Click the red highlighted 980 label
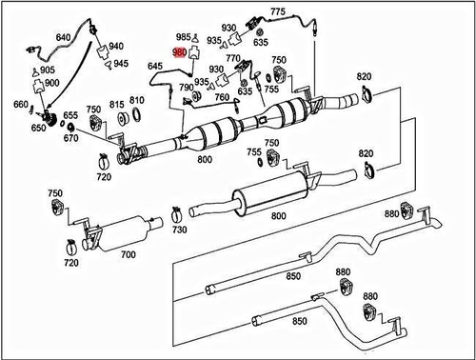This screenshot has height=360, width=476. [179, 55]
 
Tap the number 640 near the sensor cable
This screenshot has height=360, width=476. [64, 37]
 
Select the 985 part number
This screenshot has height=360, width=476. [185, 38]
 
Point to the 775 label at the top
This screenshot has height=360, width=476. [278, 10]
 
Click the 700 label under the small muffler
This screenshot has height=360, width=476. [128, 256]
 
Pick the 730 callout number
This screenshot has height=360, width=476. [180, 230]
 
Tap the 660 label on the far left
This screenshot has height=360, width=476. [20, 106]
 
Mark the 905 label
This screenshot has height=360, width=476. [48, 70]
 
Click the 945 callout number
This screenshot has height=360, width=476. [121, 64]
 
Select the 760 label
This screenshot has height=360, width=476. [221, 96]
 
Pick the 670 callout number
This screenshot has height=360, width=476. [71, 138]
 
